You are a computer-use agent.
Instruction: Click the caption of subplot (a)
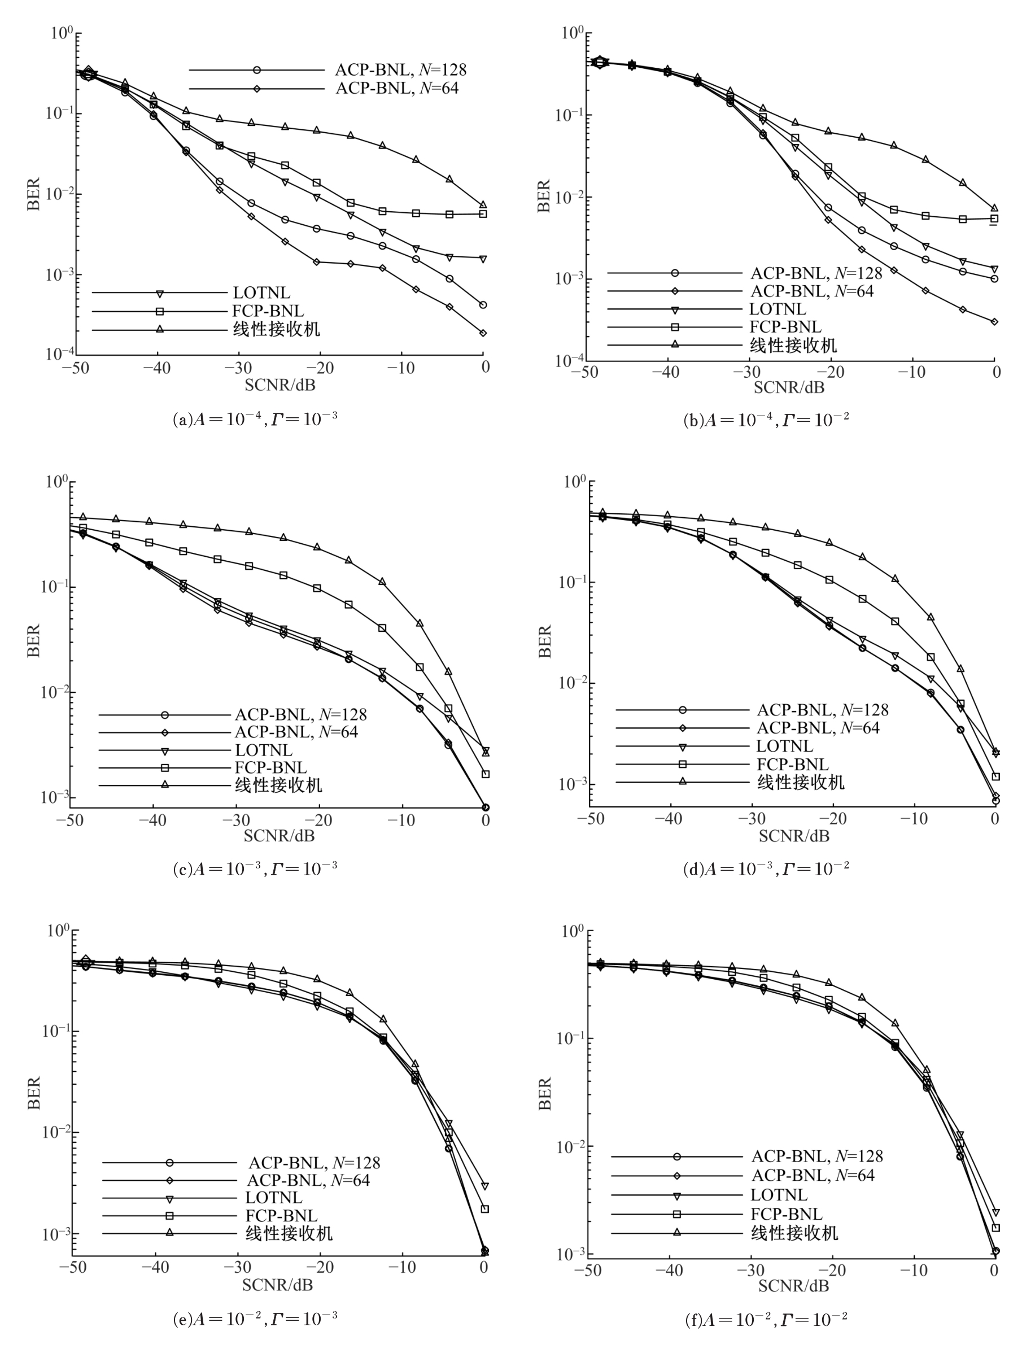pos(255,419)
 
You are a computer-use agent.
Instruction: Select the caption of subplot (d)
pos(765,868)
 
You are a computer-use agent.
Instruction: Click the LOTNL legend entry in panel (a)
pos(261,293)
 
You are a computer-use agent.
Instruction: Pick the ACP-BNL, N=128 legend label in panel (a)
pos(401,70)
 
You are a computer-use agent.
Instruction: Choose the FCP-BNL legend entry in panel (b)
pos(785,327)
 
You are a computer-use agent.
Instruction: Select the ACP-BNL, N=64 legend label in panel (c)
pos(296,732)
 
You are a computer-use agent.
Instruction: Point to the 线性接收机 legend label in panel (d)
pos(801,782)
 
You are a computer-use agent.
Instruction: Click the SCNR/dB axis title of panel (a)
pos(280,385)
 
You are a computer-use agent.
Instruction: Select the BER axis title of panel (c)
pos(33,640)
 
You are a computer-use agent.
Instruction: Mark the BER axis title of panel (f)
pos(544,1093)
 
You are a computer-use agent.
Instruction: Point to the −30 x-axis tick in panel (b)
pos(749,372)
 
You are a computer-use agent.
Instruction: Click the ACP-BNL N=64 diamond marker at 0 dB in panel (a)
pos(483,333)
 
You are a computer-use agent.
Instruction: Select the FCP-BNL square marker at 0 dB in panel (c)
pos(486,774)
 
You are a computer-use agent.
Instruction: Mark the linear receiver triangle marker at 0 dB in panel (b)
pos(994,208)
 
